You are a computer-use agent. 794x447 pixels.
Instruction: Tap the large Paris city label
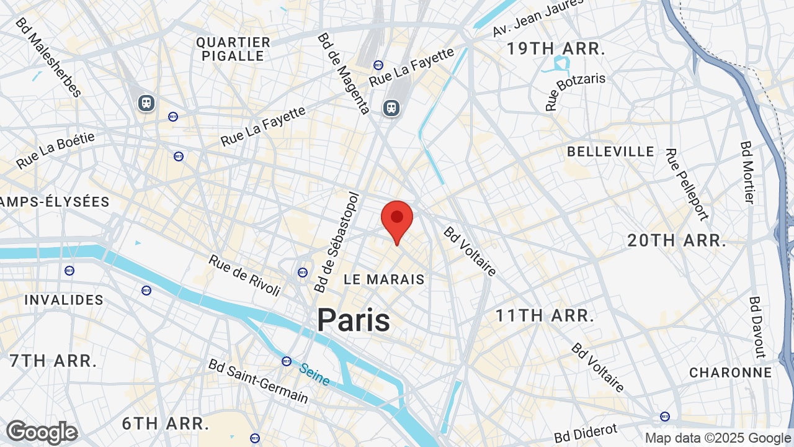pos(354,320)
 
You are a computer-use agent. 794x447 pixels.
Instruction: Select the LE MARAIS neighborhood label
pos(384,279)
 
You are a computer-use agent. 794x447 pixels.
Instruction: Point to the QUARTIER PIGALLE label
pos(233,49)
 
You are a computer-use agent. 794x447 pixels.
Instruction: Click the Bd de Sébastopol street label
pos(337,242)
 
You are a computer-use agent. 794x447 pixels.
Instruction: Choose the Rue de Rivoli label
pos(244,276)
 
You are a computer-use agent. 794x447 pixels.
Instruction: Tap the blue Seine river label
pos(314,374)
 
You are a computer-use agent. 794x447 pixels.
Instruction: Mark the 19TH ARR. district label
pos(556,49)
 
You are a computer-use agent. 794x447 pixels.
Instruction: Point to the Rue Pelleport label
pos(686,184)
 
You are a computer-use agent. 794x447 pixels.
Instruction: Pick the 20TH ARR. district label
pos(676,241)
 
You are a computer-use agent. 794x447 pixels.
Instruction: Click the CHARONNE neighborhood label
pos(731,372)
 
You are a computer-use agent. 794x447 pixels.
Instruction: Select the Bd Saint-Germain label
pos(258,381)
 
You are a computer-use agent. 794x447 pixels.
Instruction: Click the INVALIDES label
pos(64,300)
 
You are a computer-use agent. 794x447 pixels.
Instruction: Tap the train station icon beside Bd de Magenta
pos(391,107)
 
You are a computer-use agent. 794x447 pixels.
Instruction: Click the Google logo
pos(42,432)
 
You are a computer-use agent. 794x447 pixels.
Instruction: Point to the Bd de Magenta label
pos(343,73)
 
